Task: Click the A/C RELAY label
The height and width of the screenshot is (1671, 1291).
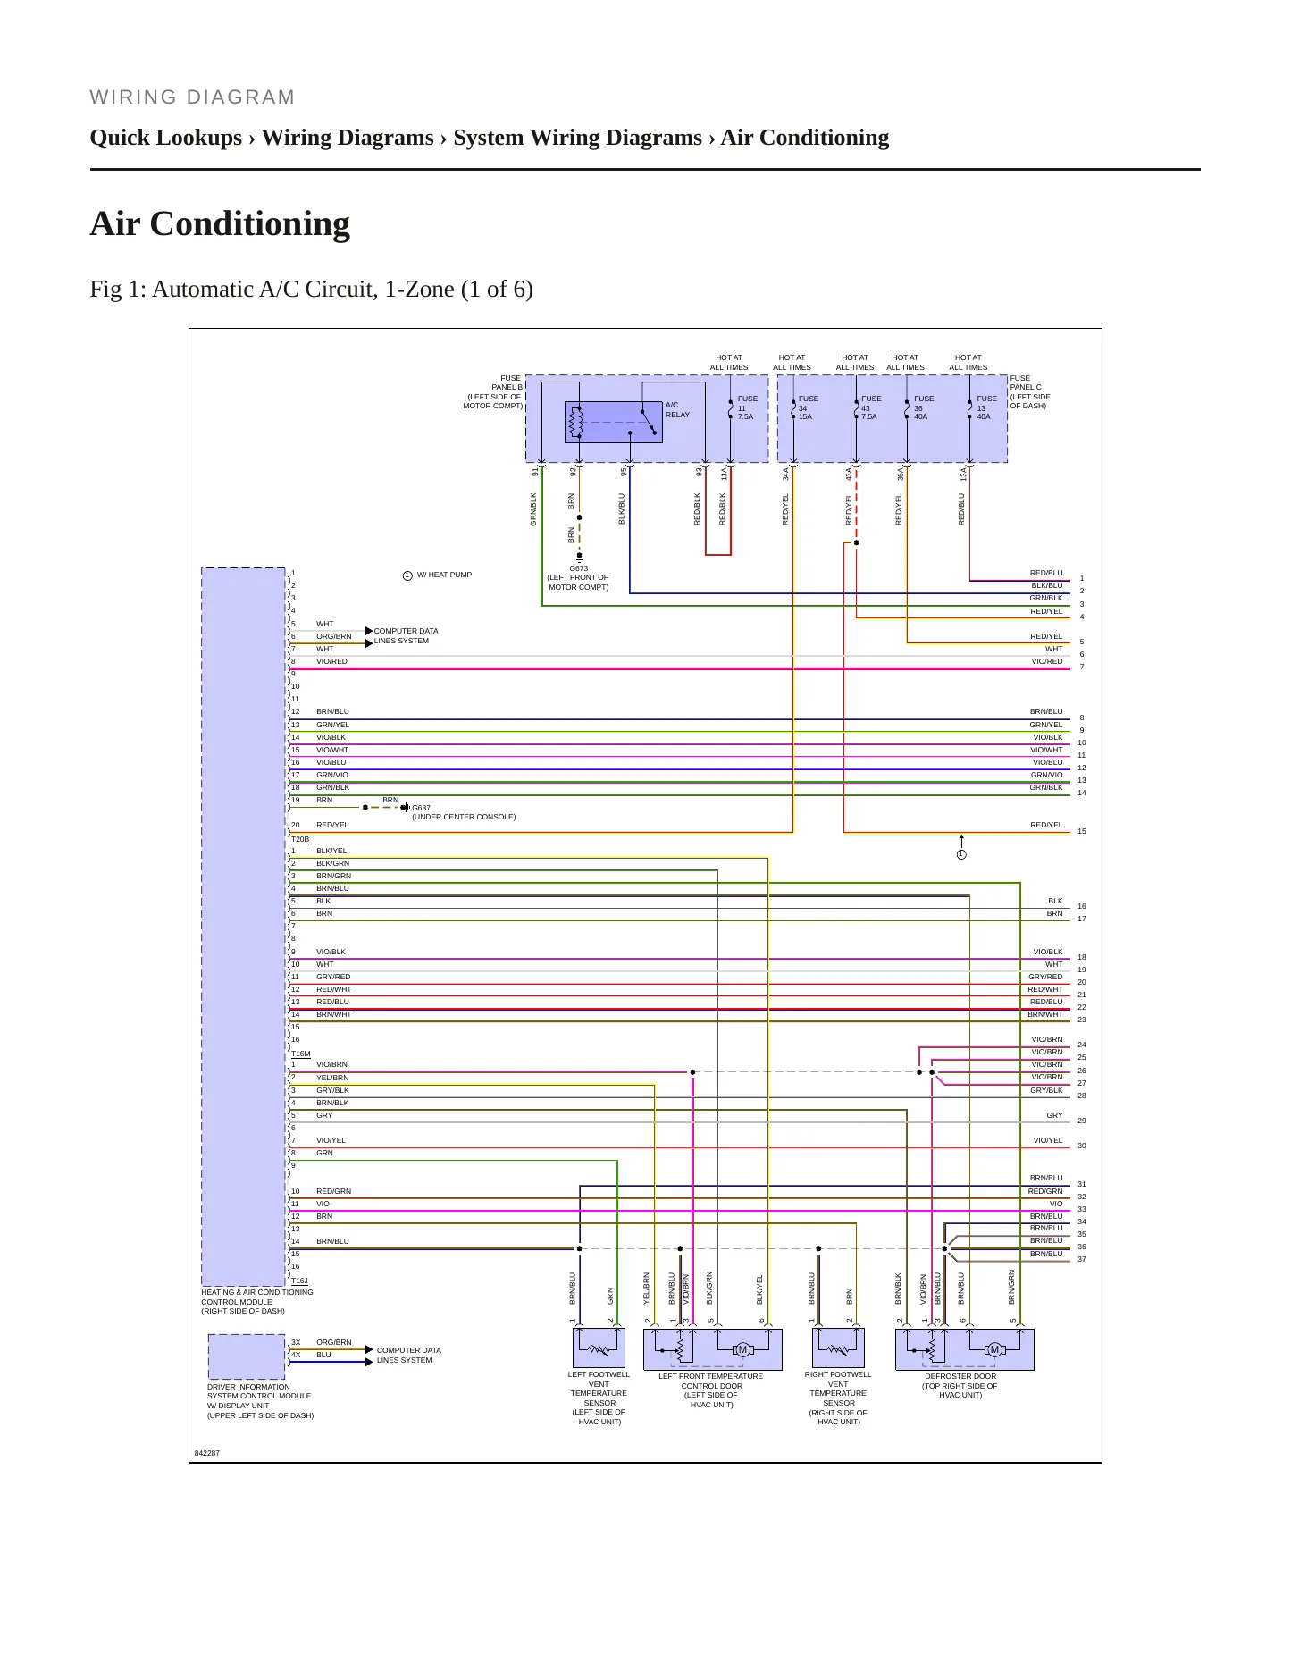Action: point(677,409)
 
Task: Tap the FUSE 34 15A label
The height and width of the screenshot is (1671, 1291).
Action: point(808,407)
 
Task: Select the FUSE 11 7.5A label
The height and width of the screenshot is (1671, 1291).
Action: point(747,407)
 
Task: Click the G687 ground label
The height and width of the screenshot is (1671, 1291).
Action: point(421,808)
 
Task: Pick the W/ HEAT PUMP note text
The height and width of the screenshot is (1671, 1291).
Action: point(444,575)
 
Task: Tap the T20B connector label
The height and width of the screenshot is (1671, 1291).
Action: point(300,840)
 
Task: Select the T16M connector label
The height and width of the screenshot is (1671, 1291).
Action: point(301,1054)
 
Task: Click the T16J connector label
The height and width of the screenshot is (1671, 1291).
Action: point(300,1281)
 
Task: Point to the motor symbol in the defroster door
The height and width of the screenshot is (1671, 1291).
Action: point(994,1349)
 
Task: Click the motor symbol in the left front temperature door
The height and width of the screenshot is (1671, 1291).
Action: point(742,1349)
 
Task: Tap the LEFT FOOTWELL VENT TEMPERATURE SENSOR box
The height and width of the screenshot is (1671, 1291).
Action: point(599,1348)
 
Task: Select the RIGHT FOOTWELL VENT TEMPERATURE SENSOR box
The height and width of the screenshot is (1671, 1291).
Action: point(838,1348)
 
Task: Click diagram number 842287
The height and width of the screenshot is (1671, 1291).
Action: point(207,1453)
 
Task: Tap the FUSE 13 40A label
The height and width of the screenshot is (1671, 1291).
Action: point(986,407)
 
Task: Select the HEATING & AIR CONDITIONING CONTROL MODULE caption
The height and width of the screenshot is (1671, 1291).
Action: point(257,1301)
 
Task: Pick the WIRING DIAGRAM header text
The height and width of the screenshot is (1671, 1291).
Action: point(192,97)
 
